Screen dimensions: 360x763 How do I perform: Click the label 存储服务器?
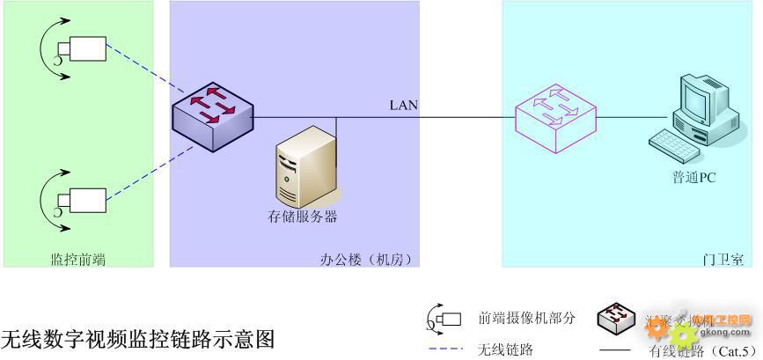[x=303, y=217]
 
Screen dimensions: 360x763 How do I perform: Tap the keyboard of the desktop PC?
[x=673, y=141]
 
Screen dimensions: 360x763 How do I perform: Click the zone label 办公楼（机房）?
[x=366, y=260]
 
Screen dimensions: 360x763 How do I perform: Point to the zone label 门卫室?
[x=723, y=260]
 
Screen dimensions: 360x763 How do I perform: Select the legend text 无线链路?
[x=505, y=349]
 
